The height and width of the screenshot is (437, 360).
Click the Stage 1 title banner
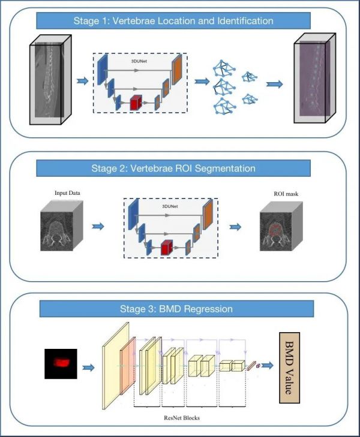[x=173, y=21]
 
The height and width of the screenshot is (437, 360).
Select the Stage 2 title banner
[x=173, y=168]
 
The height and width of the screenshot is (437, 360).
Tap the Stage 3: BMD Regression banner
[x=176, y=309]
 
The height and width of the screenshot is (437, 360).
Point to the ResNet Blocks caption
[x=180, y=417]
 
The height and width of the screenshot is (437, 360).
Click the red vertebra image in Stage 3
[x=61, y=363]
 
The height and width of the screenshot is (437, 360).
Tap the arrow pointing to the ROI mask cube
[x=237, y=227]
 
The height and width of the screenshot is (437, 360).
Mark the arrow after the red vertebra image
[x=89, y=367]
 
